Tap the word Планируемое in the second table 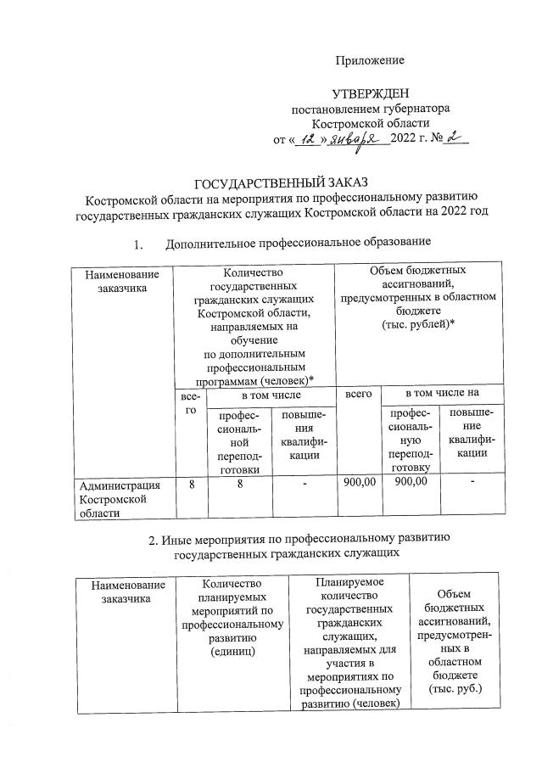coord(349,581)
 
